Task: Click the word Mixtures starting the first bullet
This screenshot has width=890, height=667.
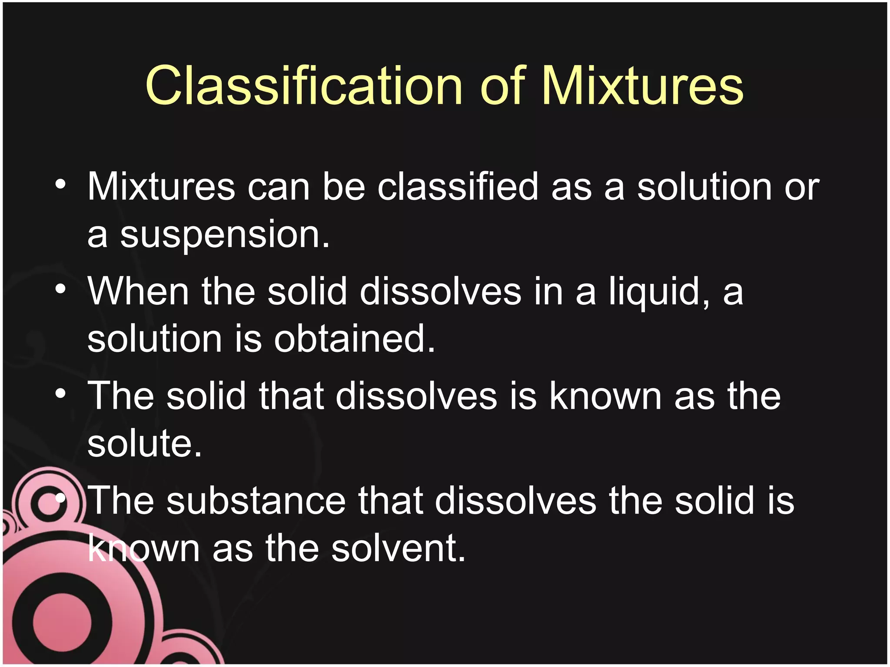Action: tap(161, 187)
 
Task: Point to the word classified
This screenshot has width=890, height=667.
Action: tap(458, 187)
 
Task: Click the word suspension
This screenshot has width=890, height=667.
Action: tap(224, 234)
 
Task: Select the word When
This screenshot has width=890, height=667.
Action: tap(138, 291)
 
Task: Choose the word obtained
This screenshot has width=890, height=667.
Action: tap(354, 339)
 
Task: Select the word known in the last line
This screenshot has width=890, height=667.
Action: tap(143, 548)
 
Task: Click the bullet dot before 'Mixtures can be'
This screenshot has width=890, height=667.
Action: tap(60, 185)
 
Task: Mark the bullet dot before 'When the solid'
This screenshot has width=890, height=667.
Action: tap(60, 289)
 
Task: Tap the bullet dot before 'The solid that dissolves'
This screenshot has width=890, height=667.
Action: tap(60, 393)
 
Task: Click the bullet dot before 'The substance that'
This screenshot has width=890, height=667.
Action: tap(60, 498)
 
